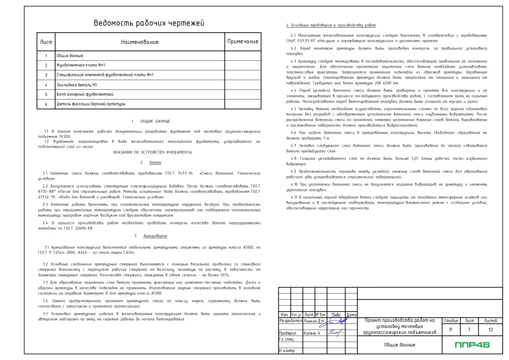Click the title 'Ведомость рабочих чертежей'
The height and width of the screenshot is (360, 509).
149,23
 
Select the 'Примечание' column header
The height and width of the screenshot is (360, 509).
243,41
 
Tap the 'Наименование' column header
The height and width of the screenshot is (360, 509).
140,42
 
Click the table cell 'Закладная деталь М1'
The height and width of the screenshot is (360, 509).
77,85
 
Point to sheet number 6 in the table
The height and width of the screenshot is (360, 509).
46,104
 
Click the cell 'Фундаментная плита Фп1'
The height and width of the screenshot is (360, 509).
81,65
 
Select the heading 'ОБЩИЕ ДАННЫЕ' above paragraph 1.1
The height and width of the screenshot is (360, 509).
155,121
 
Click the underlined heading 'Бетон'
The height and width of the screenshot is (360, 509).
155,162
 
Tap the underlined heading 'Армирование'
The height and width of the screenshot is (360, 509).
155,236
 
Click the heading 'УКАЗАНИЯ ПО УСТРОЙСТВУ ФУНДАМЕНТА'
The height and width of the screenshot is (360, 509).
152,152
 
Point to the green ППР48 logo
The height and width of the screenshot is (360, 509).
472,345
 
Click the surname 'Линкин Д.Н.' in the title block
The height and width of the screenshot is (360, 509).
314,321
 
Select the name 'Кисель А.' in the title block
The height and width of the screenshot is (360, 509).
312,333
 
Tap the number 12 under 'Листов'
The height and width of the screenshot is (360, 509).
490,330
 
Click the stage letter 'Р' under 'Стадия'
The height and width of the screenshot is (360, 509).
451,330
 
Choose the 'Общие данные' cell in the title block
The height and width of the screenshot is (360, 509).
399,345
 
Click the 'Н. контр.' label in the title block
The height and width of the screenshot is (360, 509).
287,351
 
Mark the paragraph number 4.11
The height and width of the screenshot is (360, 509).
294,197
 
